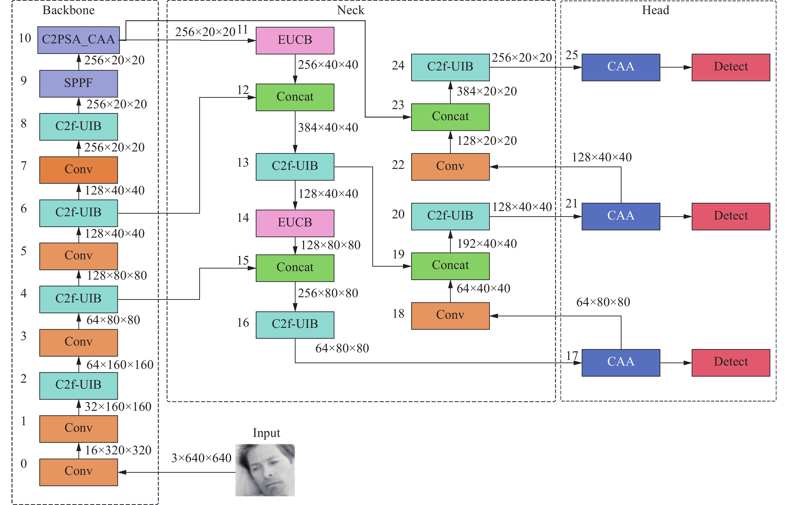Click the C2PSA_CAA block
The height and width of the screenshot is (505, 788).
(79, 40)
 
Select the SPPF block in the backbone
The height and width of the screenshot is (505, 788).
(79, 84)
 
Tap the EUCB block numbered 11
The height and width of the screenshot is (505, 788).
(295, 40)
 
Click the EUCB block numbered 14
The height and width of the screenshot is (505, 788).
(295, 223)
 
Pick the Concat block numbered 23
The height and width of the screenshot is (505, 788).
(450, 117)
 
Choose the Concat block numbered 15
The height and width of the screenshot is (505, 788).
(295, 268)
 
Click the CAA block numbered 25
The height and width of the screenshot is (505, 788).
(621, 67)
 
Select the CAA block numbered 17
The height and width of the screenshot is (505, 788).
(621, 363)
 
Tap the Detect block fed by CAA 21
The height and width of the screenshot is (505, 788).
(731, 216)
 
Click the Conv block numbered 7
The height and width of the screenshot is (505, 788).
(79, 170)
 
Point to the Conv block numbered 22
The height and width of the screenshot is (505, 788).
(450, 167)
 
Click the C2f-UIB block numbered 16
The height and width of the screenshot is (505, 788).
(295, 325)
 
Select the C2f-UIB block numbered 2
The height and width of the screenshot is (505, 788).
(79, 386)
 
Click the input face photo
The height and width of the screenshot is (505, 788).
(265, 470)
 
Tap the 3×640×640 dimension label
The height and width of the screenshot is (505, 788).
(201, 458)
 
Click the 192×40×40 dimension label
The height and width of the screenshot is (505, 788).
(487, 244)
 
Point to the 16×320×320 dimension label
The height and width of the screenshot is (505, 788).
(118, 450)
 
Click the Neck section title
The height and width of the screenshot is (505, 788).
(350, 10)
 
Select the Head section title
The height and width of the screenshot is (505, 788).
(656, 10)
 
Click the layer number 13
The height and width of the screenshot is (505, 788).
(243, 162)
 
